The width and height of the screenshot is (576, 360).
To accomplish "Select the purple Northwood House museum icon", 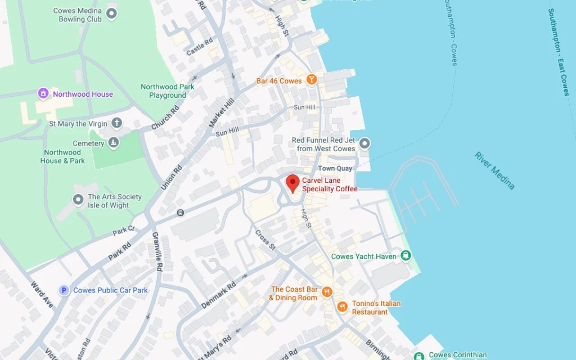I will pos(43,93).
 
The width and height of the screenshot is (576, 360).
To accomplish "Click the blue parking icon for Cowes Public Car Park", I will pos(64,290).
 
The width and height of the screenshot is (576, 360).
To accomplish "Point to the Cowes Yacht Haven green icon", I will pos(406,256).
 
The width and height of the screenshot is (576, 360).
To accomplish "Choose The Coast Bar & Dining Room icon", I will pos(327,292).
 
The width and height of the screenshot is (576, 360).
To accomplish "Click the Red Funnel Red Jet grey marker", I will pos(365,144).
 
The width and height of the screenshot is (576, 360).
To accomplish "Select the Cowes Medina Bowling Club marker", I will pos(111,14).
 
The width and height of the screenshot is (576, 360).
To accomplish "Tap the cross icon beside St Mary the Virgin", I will pos(116,123).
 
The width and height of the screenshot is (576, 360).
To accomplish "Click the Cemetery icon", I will pos(114,143).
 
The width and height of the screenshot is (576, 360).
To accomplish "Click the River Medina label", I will pos(494,170).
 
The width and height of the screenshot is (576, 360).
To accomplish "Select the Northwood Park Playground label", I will pos(168,91).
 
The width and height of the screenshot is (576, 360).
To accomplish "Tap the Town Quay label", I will pos(335,169).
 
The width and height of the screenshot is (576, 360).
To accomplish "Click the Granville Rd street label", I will pos(158,251).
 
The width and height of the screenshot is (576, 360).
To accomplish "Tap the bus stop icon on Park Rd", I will pos(180,213).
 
